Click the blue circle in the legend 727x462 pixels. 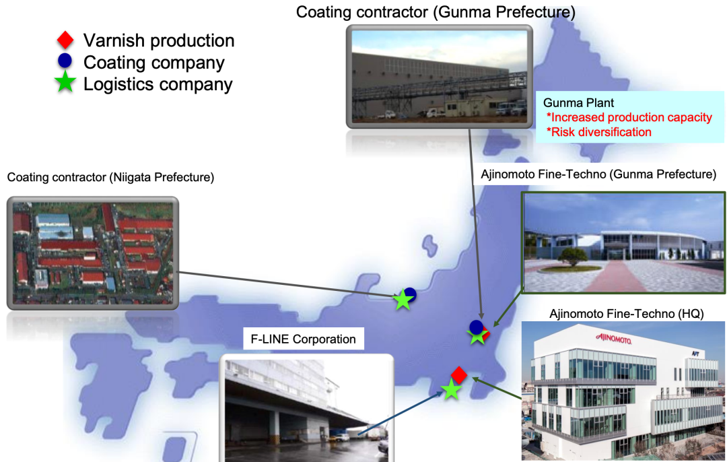[65, 62]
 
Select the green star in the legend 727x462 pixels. [65, 84]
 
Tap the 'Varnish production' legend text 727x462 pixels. [159, 40]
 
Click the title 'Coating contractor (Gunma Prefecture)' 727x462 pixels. [436, 11]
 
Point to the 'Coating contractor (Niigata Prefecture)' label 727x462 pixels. [110, 177]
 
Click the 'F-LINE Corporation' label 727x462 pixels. [303, 339]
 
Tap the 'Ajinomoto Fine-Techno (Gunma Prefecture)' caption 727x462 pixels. [598, 174]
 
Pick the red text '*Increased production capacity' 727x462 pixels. [629, 117]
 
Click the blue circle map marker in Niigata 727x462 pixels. [409, 294]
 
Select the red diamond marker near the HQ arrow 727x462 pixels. [459, 374]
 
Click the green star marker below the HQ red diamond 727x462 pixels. [450, 389]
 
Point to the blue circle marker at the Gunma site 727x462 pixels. [476, 327]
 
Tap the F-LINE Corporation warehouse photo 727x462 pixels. [306, 407]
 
